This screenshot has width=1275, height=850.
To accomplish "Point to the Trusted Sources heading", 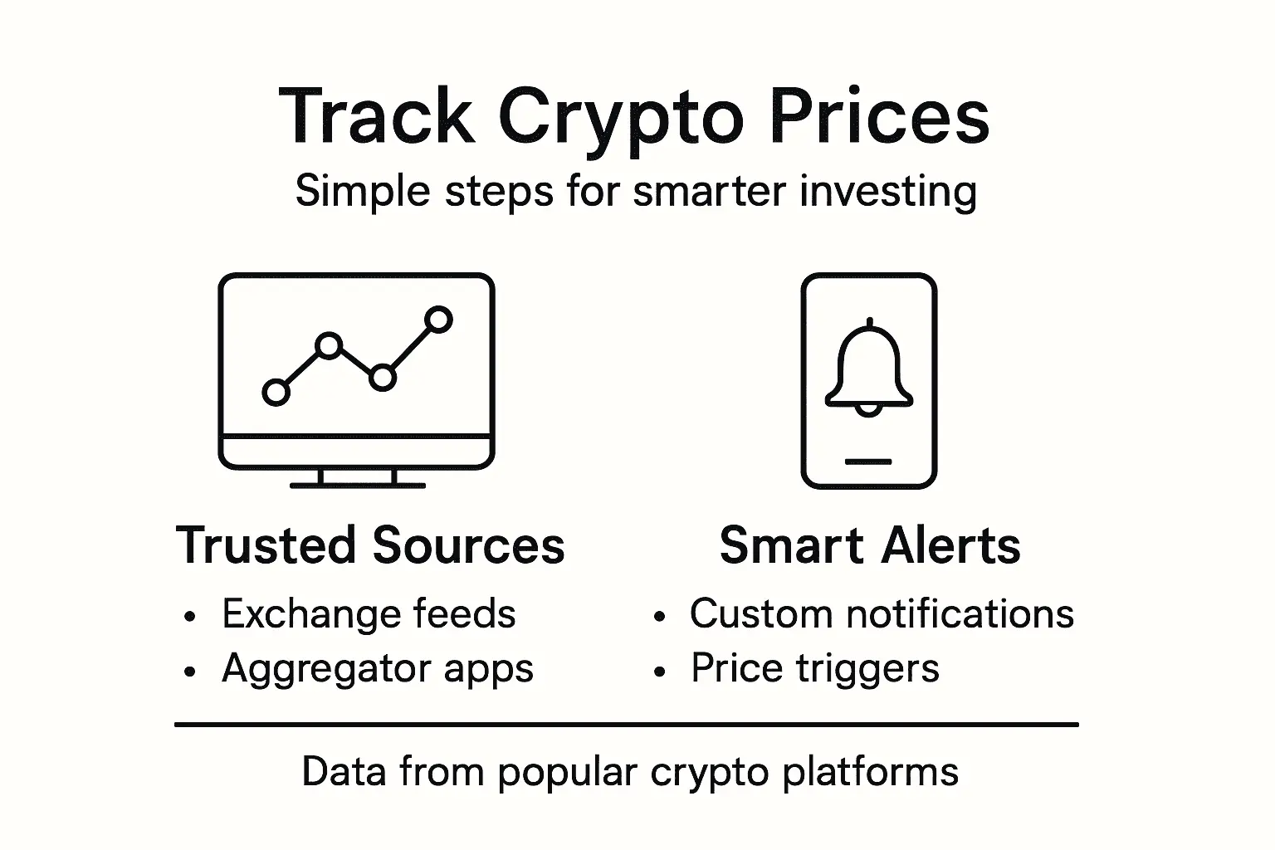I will [x=370, y=545].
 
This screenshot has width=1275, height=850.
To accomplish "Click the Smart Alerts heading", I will [x=869, y=545].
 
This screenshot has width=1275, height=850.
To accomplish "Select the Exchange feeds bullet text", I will [x=369, y=614].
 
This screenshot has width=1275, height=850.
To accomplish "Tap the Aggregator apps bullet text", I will [x=378, y=669].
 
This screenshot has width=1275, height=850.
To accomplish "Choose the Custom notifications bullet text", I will [x=882, y=614].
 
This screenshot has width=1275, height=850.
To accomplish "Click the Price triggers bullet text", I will [x=815, y=669].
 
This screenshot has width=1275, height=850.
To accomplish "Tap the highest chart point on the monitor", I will [x=438, y=320].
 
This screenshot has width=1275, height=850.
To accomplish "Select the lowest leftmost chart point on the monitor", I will [x=276, y=392].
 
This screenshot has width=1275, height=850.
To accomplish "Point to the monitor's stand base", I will [x=357, y=485].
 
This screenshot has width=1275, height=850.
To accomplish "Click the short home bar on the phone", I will [x=868, y=462].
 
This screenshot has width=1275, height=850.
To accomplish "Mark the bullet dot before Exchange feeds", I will [x=191, y=618].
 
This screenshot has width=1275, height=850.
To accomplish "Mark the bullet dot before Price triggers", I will [x=660, y=672].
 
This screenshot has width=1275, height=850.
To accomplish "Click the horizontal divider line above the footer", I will [x=627, y=725].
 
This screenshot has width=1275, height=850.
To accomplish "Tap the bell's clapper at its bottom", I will [x=868, y=409].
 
